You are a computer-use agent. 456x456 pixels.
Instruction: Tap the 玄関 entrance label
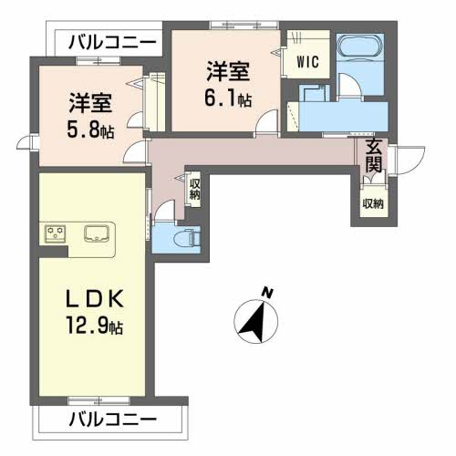pyautogui.click(x=374, y=158)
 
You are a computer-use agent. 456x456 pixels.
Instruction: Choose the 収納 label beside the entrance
pyautogui.click(x=371, y=202)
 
